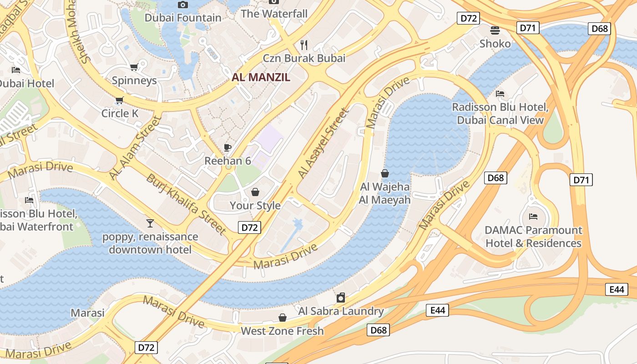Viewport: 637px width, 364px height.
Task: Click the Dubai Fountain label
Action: (x=183, y=18)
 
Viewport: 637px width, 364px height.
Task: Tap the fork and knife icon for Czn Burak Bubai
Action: (x=304, y=45)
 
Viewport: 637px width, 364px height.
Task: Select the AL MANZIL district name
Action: (x=261, y=77)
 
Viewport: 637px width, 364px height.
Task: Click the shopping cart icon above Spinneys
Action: (x=134, y=67)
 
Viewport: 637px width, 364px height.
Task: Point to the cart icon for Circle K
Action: (x=119, y=100)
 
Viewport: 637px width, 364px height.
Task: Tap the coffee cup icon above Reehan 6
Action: (x=227, y=147)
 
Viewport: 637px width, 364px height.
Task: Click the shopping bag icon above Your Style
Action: (x=255, y=192)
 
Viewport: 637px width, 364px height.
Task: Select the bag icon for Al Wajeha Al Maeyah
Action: (x=385, y=173)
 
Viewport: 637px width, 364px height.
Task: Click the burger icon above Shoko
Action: (x=495, y=30)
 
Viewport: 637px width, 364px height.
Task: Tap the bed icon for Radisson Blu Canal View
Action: (x=500, y=94)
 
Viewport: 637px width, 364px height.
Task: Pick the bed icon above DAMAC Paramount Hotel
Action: (x=533, y=217)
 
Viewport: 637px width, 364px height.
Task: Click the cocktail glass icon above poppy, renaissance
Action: (x=150, y=223)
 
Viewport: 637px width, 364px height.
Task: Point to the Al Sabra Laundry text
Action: (x=341, y=311)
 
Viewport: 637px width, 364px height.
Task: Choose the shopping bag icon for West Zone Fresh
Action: (x=282, y=318)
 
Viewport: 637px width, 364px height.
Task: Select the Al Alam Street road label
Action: (x=136, y=148)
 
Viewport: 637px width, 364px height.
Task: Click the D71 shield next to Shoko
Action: (x=528, y=28)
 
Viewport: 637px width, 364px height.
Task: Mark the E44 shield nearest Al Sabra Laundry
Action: (x=437, y=310)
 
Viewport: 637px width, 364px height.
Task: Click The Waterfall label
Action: (x=274, y=14)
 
